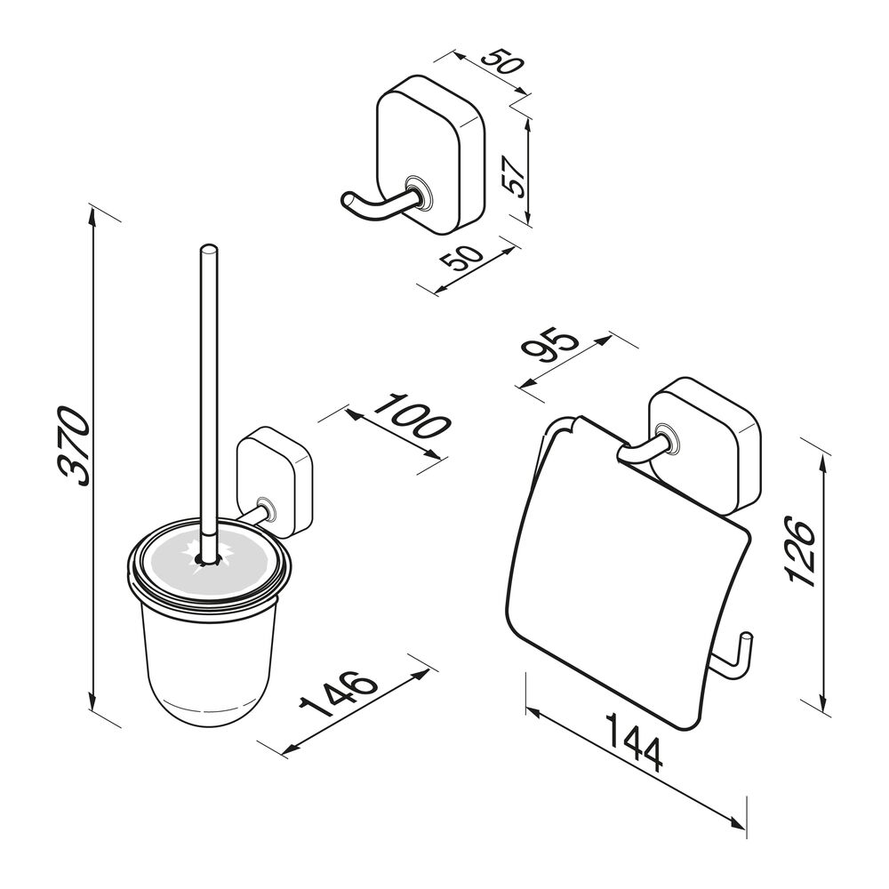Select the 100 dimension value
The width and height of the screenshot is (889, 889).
(412, 417)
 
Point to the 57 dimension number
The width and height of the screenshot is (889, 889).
(515, 176)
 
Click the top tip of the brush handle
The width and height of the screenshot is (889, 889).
(208, 248)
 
